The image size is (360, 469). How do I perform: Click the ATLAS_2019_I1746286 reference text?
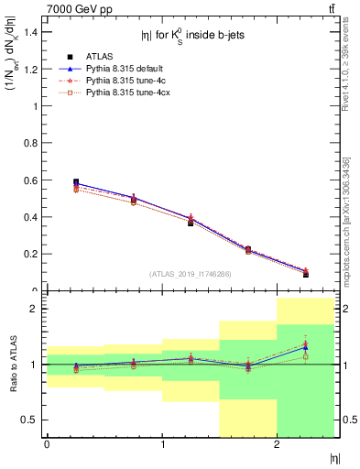tap(191, 274)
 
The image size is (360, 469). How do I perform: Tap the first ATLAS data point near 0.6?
tap(75, 182)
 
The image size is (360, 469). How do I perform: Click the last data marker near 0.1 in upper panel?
tap(306, 274)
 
